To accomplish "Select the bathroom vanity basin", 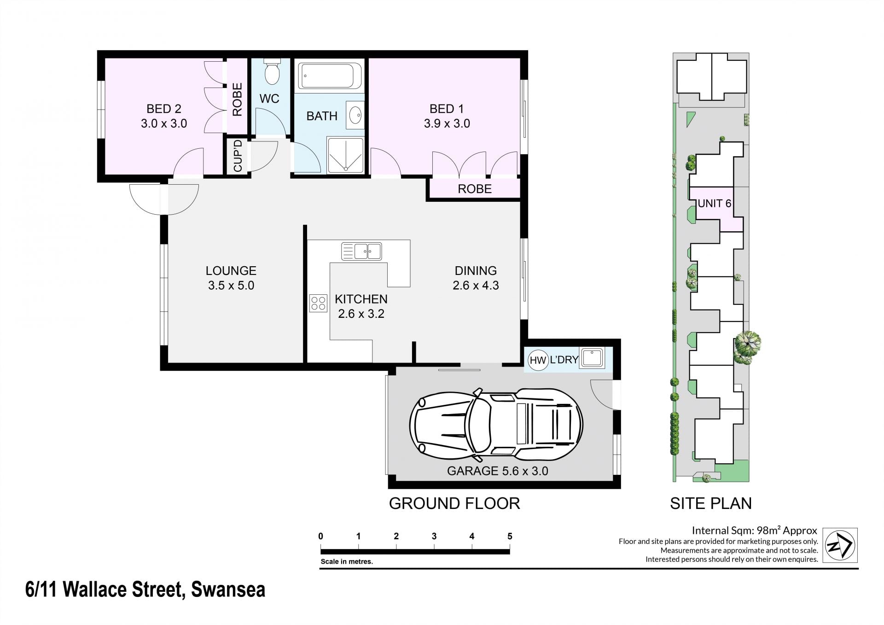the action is [355, 115].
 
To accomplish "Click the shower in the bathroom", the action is [345, 155].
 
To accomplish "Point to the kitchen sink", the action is [361, 251].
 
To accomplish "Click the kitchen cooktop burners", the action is [318, 303].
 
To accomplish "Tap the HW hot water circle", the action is [537, 360].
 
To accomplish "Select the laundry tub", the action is [592, 358].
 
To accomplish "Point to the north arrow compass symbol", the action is [840, 545].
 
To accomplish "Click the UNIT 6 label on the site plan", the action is [714, 203].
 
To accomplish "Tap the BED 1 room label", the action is [447, 109].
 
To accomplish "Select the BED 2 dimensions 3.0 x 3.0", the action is [164, 123].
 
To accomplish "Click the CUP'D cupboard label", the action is [238, 156].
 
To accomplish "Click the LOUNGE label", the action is [231, 270].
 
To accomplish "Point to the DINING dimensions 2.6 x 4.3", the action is [476, 286].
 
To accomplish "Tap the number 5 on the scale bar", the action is [510, 536].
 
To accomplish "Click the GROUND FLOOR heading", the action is [454, 503].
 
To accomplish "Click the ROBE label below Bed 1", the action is [475, 189].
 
